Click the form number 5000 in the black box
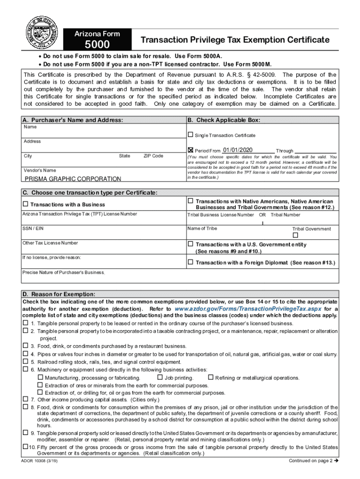point(97,45)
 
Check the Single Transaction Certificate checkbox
point(190,135)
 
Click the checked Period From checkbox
point(190,150)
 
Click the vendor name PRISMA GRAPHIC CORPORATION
point(72,179)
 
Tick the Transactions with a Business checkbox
point(26,204)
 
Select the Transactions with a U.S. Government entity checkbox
point(190,244)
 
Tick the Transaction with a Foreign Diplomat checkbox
point(190,262)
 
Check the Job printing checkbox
point(160,377)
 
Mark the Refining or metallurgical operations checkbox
point(210,377)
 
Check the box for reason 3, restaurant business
point(26,346)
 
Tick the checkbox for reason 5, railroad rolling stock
point(26,362)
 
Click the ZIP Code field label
point(153,156)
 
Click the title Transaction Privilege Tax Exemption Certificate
point(235,40)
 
